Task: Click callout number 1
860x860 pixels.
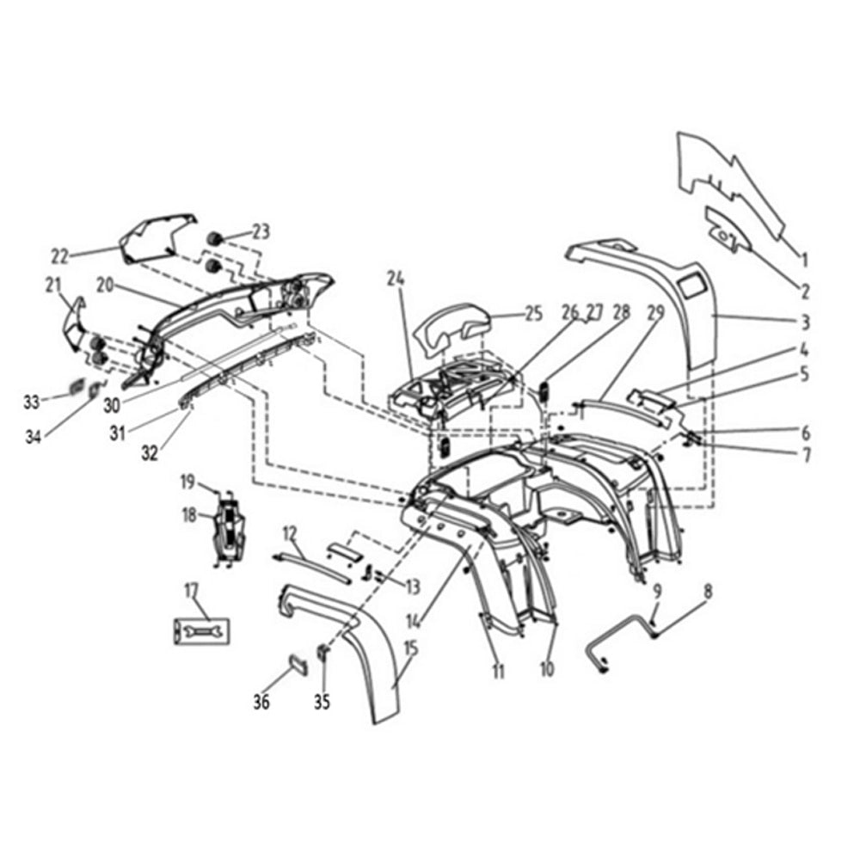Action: pos(805,258)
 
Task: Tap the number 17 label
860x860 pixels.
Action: pos(191,592)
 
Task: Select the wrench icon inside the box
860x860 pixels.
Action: pos(201,631)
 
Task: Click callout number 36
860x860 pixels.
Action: pos(261,702)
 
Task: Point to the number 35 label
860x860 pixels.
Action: pos(322,702)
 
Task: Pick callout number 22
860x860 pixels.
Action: pos(60,256)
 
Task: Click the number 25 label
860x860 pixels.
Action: pos(533,314)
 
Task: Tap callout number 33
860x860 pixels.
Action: pos(32,402)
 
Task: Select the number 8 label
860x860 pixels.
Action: pos(708,592)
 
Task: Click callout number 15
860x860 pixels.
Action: pos(410,648)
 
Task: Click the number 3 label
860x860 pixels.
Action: pos(805,322)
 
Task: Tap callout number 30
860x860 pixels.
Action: pos(111,405)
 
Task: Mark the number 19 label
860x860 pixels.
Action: pos(188,482)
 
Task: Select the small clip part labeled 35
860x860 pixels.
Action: pos(323,653)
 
